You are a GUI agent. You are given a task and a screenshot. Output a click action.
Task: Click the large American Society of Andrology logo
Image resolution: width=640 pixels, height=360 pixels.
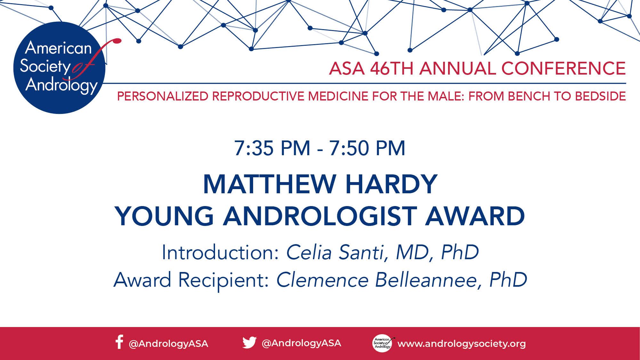60,68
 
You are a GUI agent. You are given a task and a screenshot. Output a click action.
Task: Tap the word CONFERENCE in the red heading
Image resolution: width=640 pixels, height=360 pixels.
563,68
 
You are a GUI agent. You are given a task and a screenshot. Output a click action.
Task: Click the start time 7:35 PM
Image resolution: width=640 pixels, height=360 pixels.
272,148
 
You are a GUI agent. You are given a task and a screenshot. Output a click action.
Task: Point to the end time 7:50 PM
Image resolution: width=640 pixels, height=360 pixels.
367,148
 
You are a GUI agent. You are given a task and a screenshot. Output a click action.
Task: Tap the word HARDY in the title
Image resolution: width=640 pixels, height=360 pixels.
391,184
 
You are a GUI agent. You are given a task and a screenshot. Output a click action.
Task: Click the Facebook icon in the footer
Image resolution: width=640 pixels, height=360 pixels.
119,342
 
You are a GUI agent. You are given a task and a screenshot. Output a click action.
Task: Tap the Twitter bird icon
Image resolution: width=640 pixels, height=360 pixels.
249,342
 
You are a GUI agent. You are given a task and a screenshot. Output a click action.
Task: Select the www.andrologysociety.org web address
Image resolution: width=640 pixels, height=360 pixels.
461,344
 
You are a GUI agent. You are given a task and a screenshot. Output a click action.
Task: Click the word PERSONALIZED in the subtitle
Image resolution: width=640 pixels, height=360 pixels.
163,96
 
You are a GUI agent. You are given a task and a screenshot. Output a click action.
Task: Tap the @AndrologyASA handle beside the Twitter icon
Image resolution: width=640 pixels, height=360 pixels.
301,343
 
